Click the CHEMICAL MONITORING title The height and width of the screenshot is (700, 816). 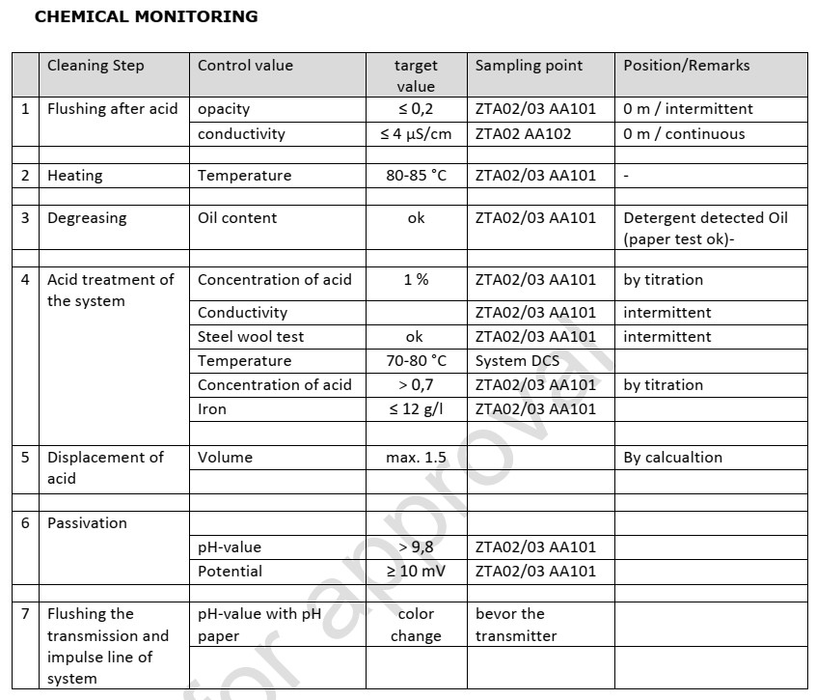click(146, 16)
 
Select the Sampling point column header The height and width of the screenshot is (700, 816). click(529, 66)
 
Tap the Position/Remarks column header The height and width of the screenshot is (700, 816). click(686, 66)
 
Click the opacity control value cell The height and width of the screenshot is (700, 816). click(224, 109)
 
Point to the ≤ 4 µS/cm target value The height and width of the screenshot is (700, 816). click(416, 134)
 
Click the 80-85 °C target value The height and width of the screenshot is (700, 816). click(416, 176)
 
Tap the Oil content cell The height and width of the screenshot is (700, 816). click(237, 218)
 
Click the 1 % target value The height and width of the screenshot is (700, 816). click(416, 280)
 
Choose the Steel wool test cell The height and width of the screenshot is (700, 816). click(251, 337)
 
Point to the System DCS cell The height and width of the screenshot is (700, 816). click(517, 361)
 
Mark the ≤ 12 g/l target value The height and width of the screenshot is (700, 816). click(416, 409)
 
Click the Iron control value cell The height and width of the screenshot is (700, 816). click(212, 409)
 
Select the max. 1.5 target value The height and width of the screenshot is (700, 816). click(416, 458)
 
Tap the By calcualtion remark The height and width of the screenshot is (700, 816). click(672, 458)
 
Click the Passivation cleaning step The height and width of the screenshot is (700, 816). click(87, 523)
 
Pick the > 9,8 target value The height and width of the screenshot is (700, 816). click(416, 547)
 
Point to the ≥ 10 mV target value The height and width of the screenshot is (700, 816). click(416, 572)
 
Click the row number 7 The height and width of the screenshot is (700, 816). click(25, 614)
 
